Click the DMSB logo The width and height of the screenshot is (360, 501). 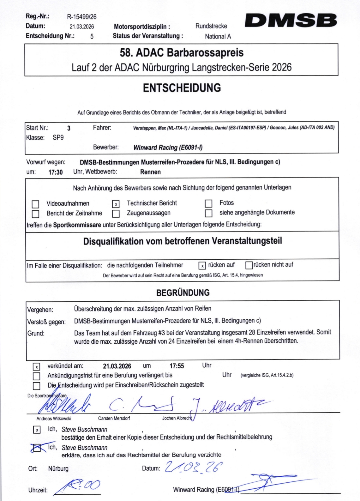(x=291, y=21)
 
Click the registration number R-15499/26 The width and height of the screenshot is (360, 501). (x=82, y=17)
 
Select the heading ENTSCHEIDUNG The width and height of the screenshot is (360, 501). (x=182, y=88)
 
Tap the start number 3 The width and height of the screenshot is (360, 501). (x=69, y=128)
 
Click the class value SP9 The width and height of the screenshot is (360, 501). (x=58, y=138)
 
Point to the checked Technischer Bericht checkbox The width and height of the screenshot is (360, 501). (x=116, y=204)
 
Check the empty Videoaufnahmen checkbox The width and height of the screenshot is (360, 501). (x=35, y=204)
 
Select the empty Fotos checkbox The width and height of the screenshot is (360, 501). (x=208, y=203)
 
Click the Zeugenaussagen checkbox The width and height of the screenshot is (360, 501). (x=116, y=214)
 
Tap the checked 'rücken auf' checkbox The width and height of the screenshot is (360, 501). (x=202, y=266)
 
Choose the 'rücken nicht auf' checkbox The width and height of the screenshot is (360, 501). (x=249, y=265)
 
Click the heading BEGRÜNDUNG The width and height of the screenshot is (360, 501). (x=183, y=293)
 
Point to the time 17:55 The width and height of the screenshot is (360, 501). (x=177, y=366)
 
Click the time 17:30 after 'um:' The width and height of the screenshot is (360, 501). (x=56, y=172)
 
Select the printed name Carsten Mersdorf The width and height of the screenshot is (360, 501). (x=114, y=418)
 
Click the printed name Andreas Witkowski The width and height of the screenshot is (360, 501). (x=54, y=419)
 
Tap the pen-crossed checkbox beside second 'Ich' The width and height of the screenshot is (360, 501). (x=37, y=448)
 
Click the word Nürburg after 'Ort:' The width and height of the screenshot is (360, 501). (x=58, y=468)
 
